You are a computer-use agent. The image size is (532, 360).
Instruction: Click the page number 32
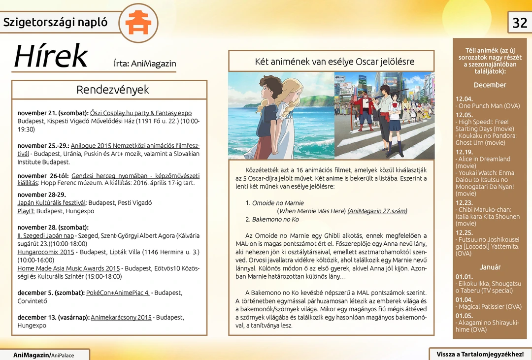tap(520, 23)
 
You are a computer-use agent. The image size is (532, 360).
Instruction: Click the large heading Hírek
tap(51, 57)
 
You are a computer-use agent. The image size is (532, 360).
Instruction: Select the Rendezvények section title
tap(112, 90)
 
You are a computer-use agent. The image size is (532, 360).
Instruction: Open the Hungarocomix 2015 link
tap(46, 252)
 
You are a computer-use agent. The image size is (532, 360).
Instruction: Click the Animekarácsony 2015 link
tap(121, 318)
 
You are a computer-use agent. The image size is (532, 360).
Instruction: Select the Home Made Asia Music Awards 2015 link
tap(68, 268)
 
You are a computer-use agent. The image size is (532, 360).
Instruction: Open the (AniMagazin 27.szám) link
tap(377, 211)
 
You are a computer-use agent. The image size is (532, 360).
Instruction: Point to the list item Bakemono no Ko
tap(275, 219)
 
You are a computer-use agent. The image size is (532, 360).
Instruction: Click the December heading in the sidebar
tap(490, 85)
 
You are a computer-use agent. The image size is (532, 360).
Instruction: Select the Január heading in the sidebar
tap(490, 267)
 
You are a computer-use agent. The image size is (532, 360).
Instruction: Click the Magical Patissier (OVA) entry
tap(490, 307)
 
